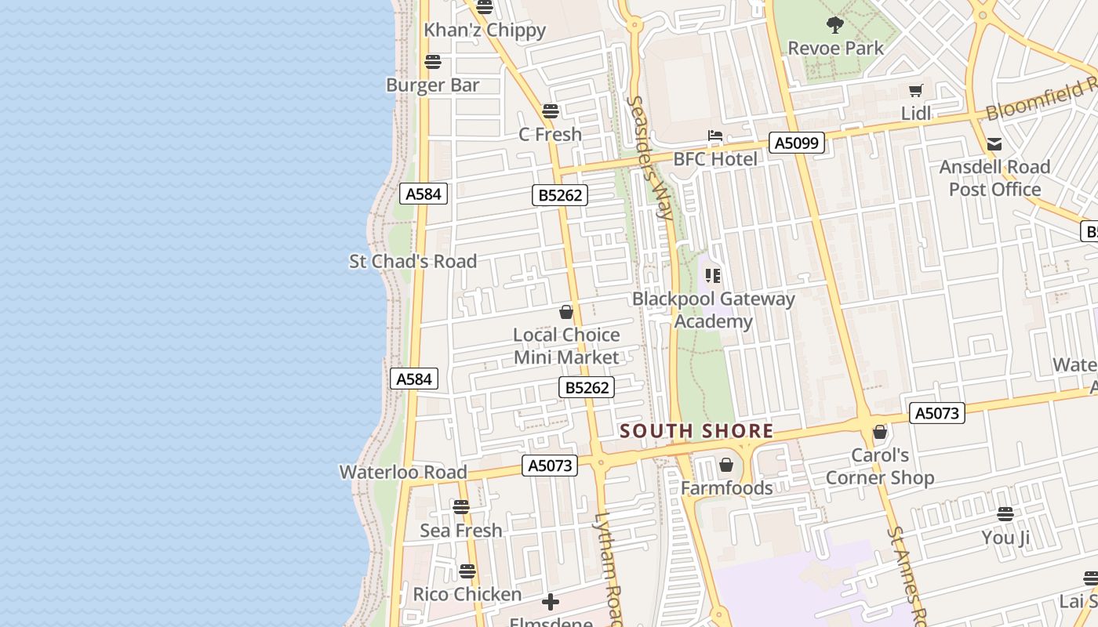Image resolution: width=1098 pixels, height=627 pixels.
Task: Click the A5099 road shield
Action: (797, 143)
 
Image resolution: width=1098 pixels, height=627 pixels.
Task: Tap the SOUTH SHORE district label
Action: (696, 431)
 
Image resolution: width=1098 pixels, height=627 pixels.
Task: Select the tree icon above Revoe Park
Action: (835, 24)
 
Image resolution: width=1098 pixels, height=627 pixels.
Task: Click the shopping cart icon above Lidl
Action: (915, 91)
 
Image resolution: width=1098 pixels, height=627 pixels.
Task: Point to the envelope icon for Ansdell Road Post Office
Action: (994, 144)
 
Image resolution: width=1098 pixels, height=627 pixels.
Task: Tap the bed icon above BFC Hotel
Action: (715, 136)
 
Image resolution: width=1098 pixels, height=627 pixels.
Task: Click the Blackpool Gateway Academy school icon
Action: (713, 275)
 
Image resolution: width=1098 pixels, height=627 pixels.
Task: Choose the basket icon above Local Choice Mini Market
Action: (566, 312)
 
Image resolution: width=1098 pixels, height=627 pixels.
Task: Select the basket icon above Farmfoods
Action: (726, 465)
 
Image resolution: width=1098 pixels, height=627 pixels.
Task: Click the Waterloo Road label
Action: (403, 472)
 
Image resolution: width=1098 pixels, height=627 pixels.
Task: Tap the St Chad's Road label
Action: (413, 261)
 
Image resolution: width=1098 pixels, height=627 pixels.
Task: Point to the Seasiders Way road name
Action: (651, 157)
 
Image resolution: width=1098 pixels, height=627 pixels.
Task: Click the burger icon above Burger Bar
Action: (432, 62)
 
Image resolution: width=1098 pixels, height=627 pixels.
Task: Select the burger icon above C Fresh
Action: (551, 111)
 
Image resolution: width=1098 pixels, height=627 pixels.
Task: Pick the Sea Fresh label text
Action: (461, 531)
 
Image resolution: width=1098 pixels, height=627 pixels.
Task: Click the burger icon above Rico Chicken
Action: (467, 571)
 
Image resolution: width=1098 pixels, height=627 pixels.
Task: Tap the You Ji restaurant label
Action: (1005, 538)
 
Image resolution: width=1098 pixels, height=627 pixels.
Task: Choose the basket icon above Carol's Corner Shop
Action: (880, 432)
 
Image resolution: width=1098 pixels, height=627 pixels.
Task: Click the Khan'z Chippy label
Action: (485, 31)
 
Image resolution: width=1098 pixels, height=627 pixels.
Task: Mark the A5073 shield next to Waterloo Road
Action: (550, 466)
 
